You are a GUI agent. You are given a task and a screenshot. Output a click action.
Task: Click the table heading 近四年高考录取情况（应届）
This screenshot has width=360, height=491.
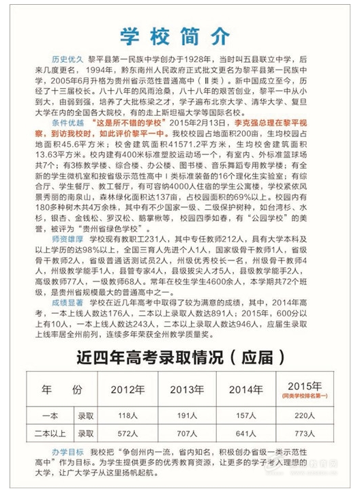click(x=180, y=356)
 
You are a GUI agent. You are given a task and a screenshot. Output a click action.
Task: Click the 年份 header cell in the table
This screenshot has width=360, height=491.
click(x=62, y=391)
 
